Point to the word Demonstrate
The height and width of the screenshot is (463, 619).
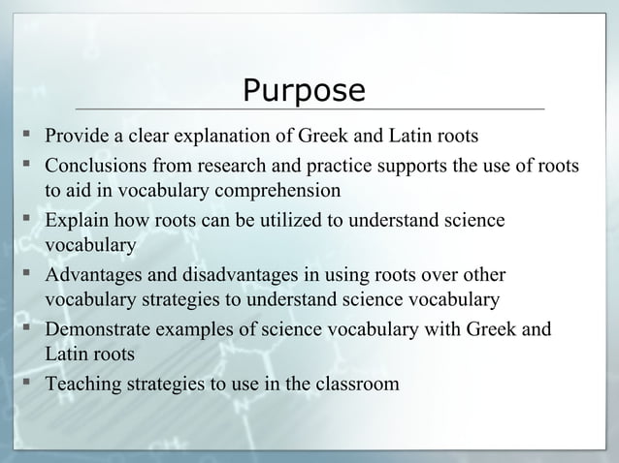tap(102, 330)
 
